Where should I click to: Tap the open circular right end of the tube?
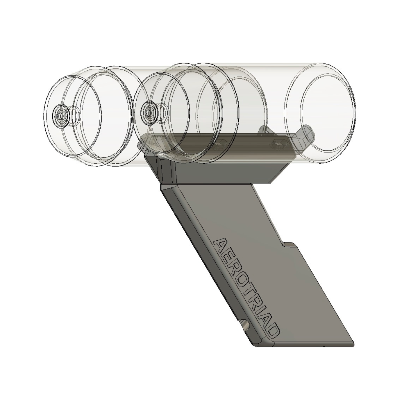click(x=320, y=113)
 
